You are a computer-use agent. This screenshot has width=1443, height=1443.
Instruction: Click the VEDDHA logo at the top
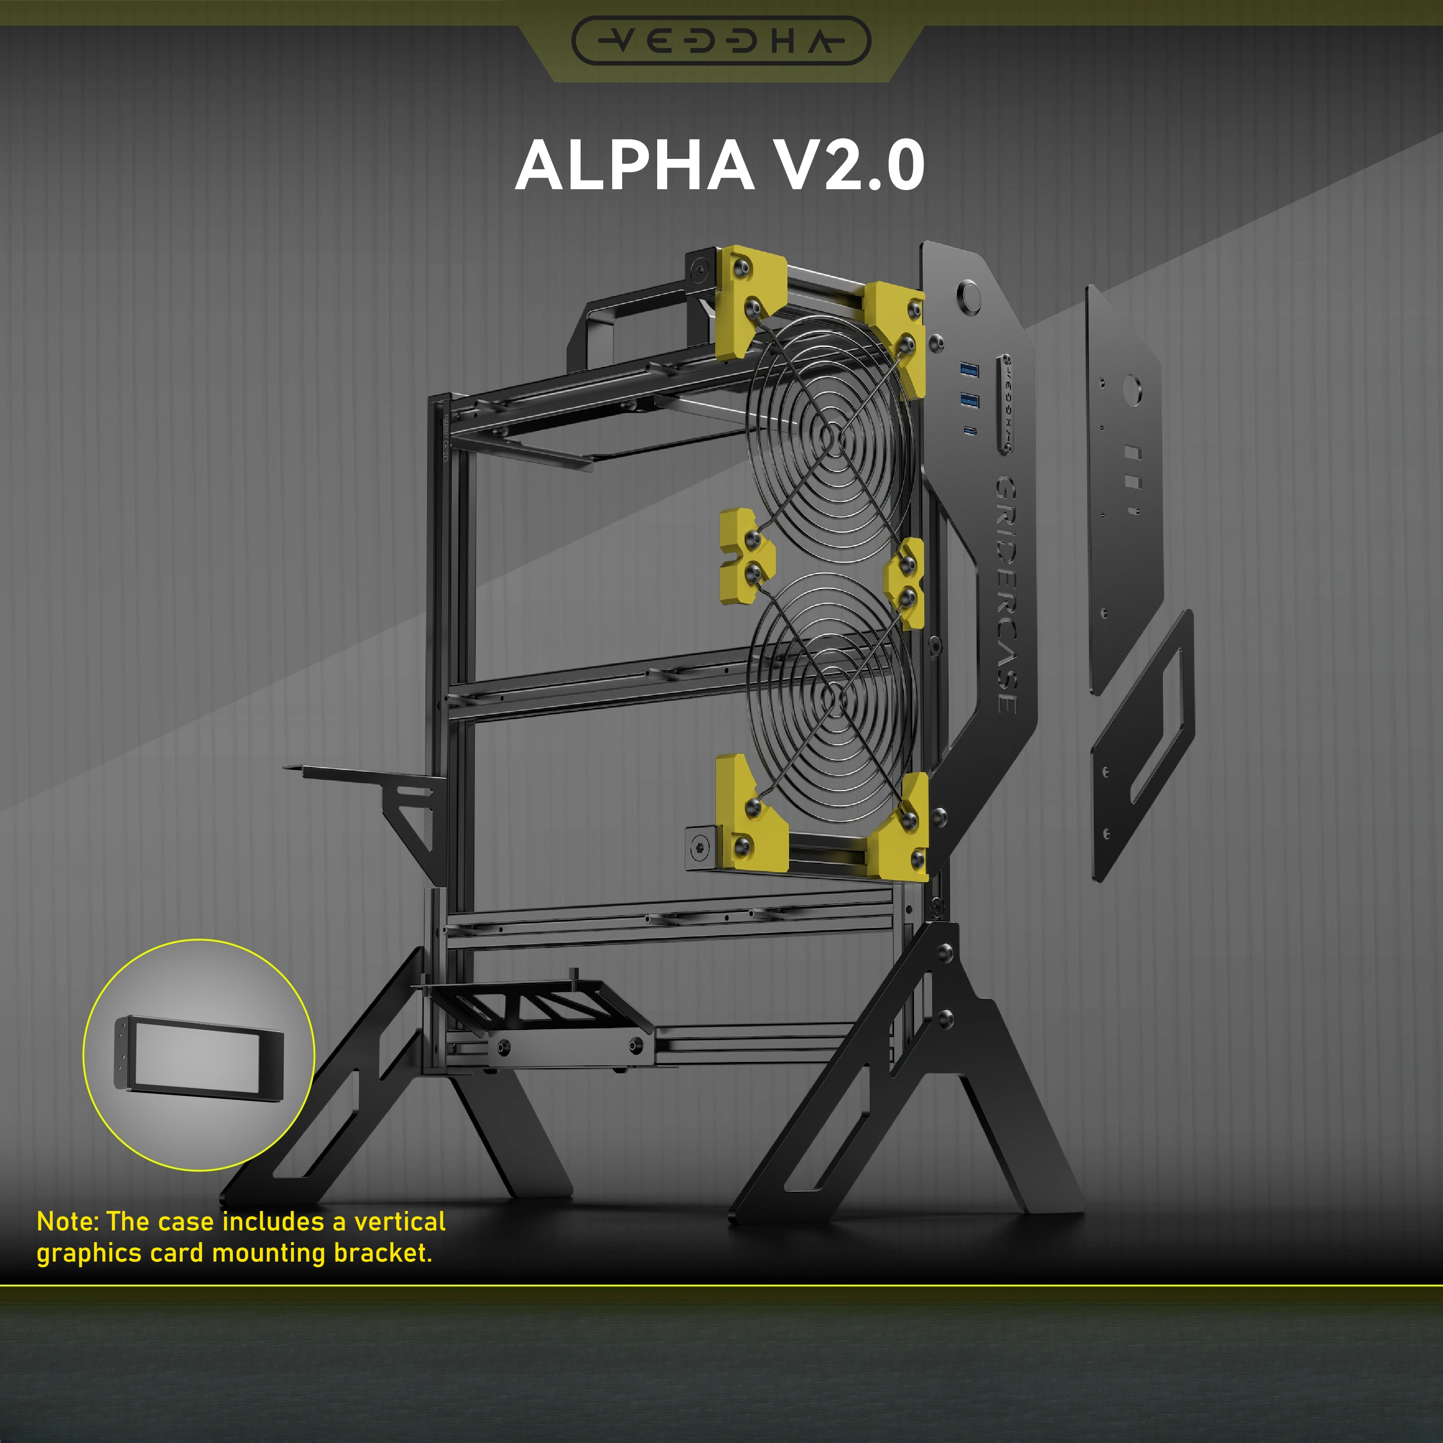(x=721, y=40)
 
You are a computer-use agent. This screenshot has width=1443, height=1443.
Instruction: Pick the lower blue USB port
(x=969, y=400)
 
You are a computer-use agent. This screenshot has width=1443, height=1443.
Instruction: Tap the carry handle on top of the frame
(x=597, y=329)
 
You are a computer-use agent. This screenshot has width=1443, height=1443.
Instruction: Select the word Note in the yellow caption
(x=67, y=1222)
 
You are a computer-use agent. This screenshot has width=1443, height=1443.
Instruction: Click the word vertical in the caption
(x=400, y=1222)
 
